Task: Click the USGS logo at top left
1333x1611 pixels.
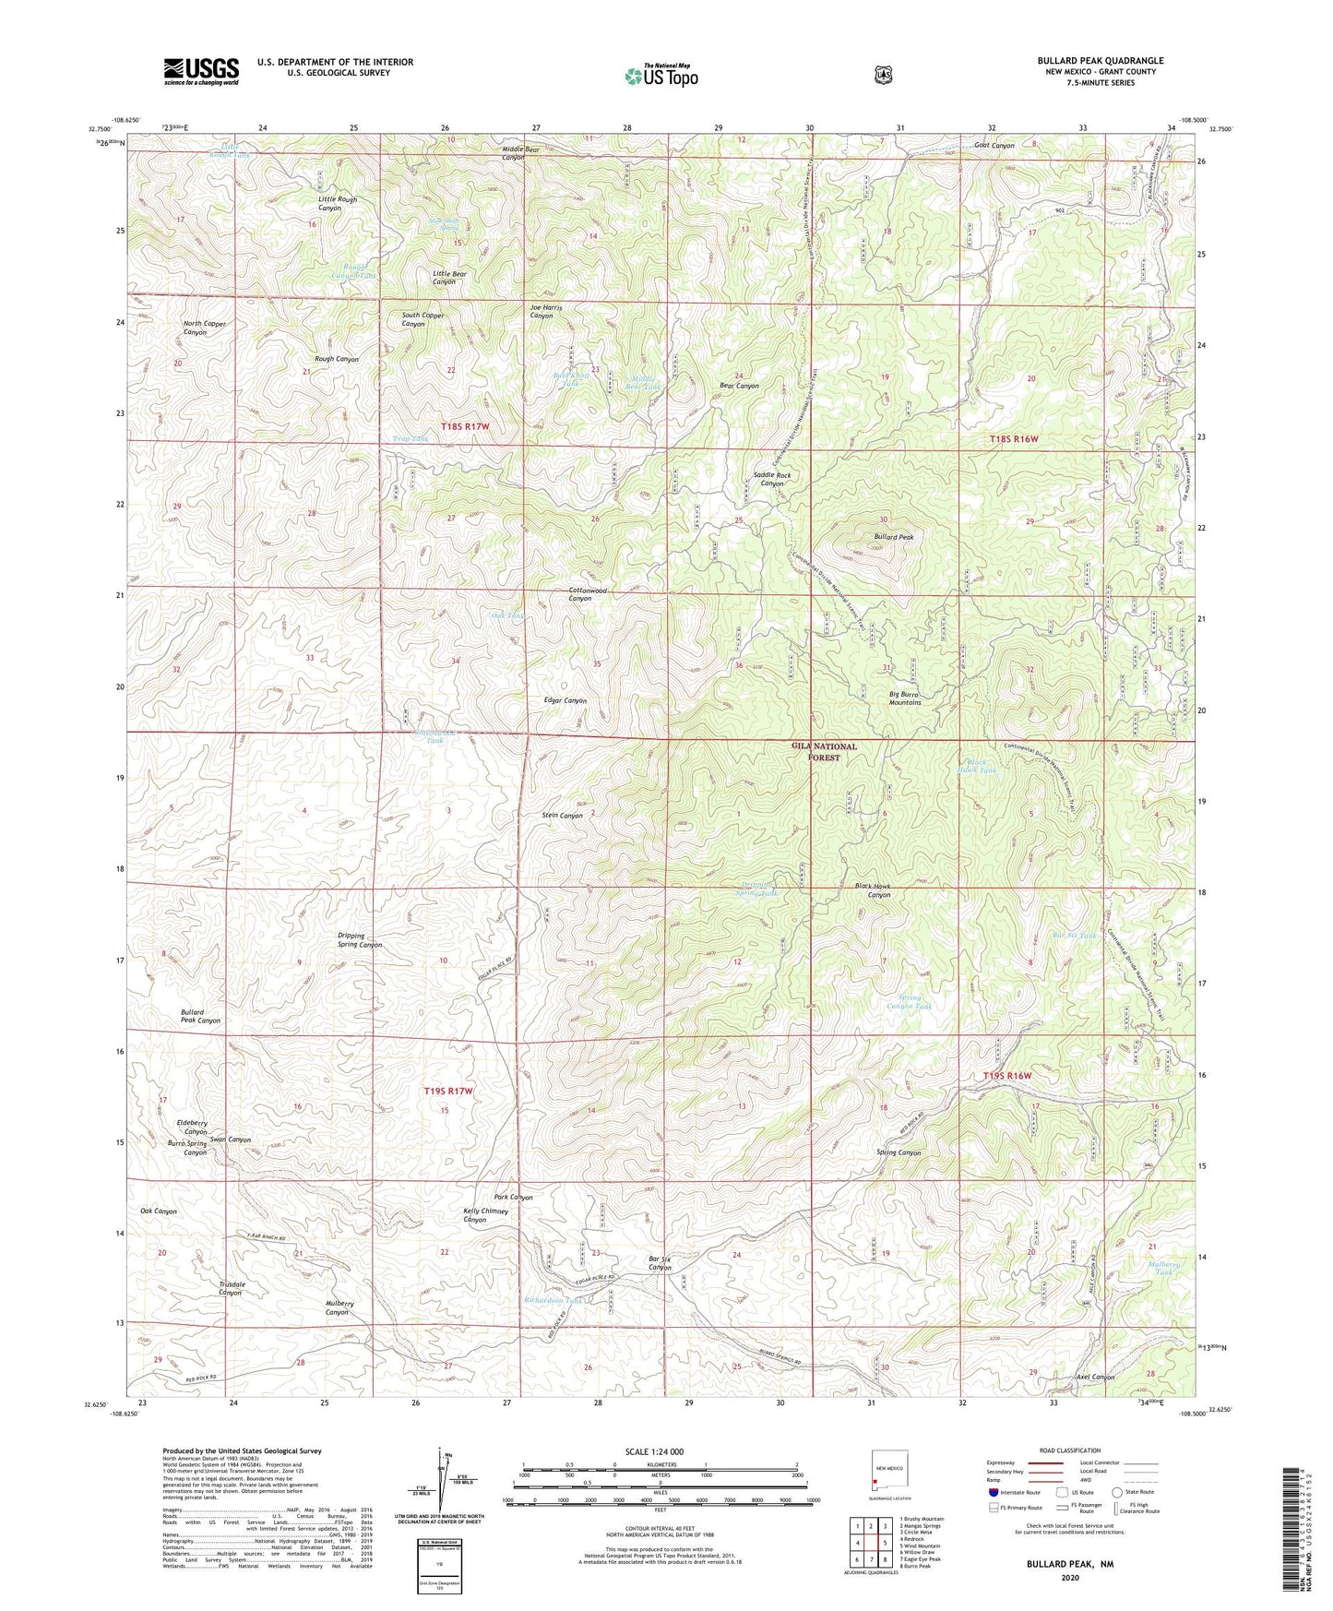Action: [x=201, y=71]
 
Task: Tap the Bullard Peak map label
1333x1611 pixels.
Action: [x=893, y=536]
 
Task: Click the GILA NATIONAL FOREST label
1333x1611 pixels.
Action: [x=824, y=751]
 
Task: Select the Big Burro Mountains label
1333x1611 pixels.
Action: [x=904, y=698]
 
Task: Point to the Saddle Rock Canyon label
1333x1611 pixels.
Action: [x=771, y=479]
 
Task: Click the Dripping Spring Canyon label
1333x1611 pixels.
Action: [x=359, y=940]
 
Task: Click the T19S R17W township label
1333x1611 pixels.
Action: [x=448, y=1091]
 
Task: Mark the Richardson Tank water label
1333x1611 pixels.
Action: [x=553, y=1300]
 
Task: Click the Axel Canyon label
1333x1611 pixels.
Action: [x=1095, y=1377]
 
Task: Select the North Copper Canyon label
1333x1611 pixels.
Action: [x=204, y=328]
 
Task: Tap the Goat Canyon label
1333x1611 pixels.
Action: [x=994, y=145]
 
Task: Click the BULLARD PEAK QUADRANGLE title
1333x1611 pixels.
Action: [x=1100, y=61]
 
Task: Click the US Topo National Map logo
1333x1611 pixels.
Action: [x=661, y=75]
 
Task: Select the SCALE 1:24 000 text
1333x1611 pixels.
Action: [x=654, y=1451]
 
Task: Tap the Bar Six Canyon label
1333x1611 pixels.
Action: [x=659, y=1262]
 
